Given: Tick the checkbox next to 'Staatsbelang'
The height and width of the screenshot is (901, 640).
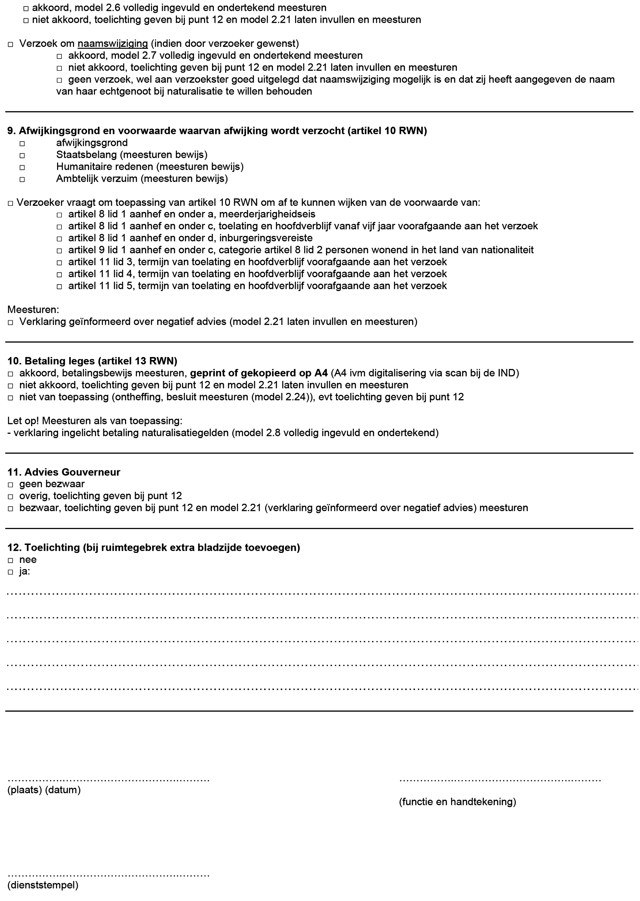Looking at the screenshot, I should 22,156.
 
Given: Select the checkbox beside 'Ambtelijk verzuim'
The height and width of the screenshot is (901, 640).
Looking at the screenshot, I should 22,179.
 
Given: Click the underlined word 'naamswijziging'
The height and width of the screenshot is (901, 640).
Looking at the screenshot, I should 113,44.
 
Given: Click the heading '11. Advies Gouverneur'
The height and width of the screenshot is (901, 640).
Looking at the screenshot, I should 64,472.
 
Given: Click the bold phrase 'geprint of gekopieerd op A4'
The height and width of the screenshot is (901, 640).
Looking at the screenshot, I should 259,373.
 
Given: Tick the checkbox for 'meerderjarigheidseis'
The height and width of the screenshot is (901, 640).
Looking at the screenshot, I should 59,215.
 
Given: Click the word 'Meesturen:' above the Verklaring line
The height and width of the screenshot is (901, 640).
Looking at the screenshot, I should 33,310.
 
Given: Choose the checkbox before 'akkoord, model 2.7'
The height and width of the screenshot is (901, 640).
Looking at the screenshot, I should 59,56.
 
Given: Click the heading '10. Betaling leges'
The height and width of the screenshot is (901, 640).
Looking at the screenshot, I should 92,361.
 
